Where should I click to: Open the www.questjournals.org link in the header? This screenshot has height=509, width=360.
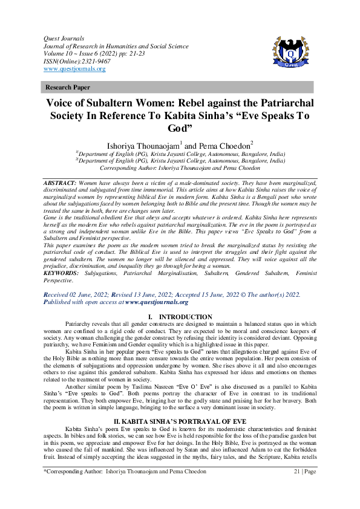[74, 69]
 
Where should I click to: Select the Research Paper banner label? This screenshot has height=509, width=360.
[68, 88]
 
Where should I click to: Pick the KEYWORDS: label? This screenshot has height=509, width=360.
[61, 273]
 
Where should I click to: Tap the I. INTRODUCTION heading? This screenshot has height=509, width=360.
[180, 317]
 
